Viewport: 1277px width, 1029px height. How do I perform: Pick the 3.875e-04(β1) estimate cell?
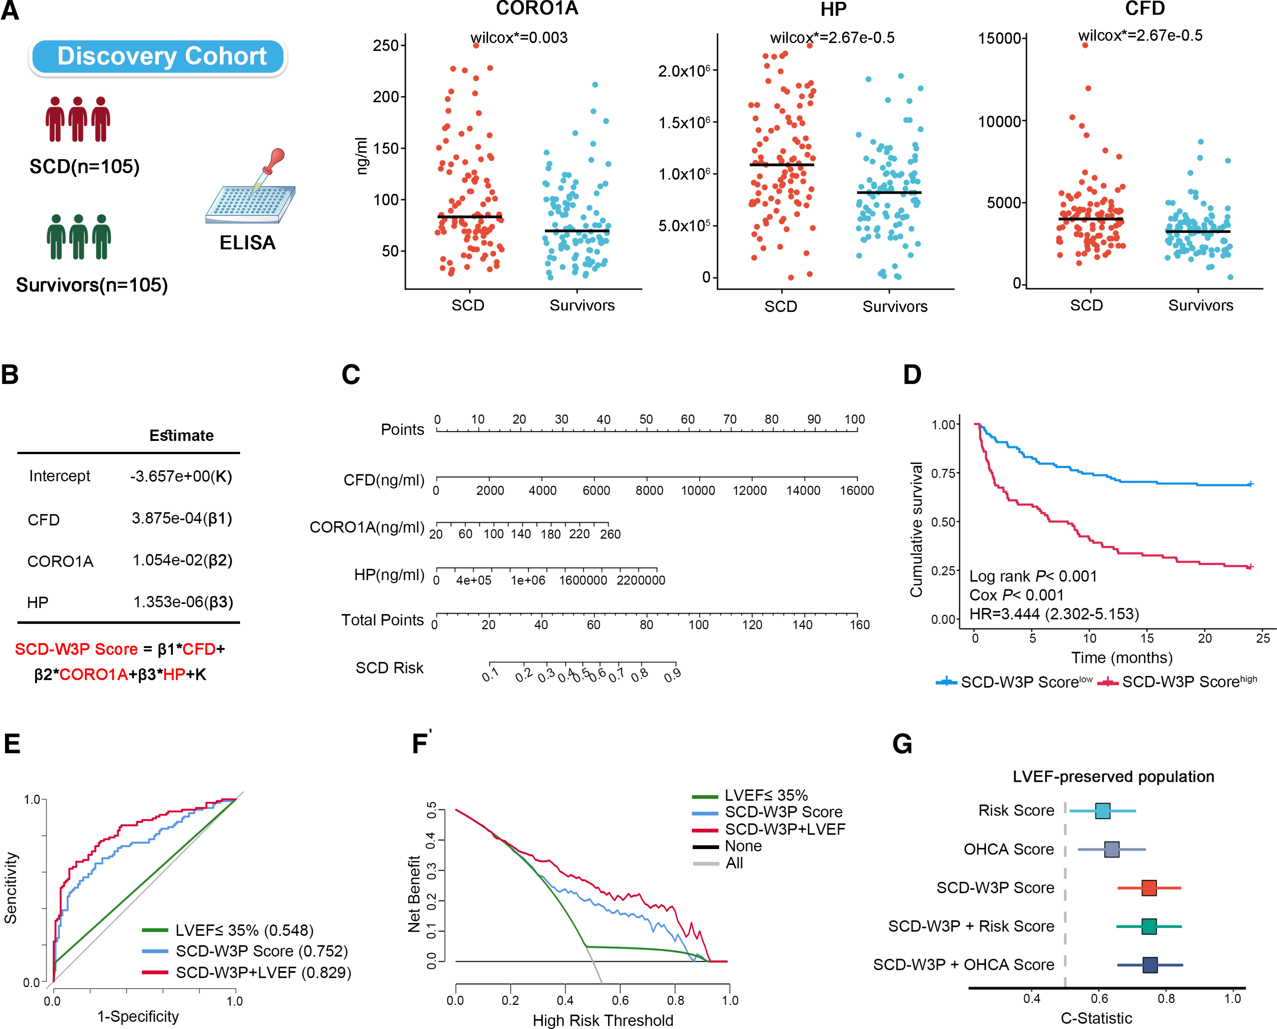click(x=181, y=519)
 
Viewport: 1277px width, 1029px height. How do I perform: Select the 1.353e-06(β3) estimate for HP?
click(x=183, y=602)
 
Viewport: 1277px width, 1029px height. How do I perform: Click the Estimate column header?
click(x=181, y=436)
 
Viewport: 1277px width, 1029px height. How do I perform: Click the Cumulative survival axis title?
click(x=916, y=529)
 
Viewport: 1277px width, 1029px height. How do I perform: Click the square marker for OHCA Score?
click(x=1112, y=849)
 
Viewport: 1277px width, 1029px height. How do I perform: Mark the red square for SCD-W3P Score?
click(x=1149, y=888)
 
